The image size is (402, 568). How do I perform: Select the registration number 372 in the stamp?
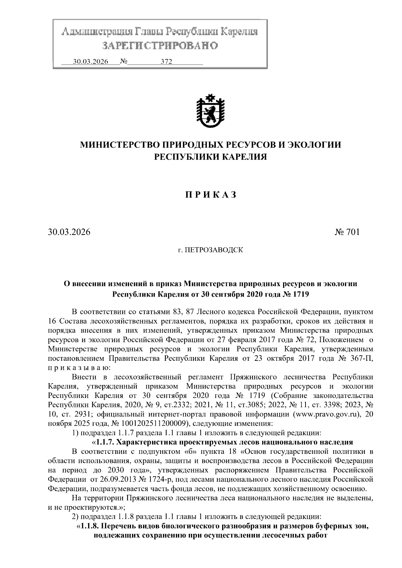[166, 62]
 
